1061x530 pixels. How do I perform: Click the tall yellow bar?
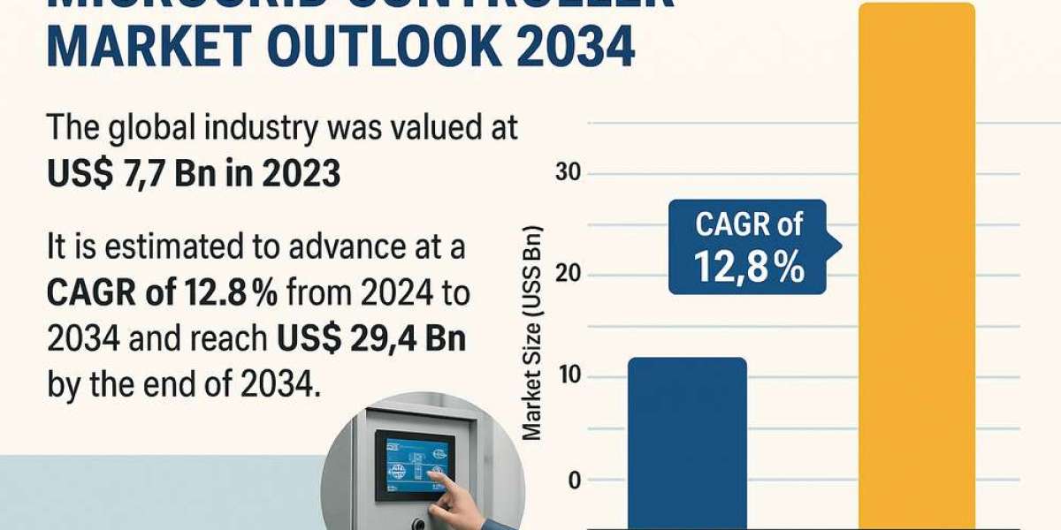(x=917, y=265)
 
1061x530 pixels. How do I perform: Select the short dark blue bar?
(x=687, y=442)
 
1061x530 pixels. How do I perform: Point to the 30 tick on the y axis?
(x=568, y=173)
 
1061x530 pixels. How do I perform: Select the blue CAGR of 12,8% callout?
(x=749, y=246)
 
